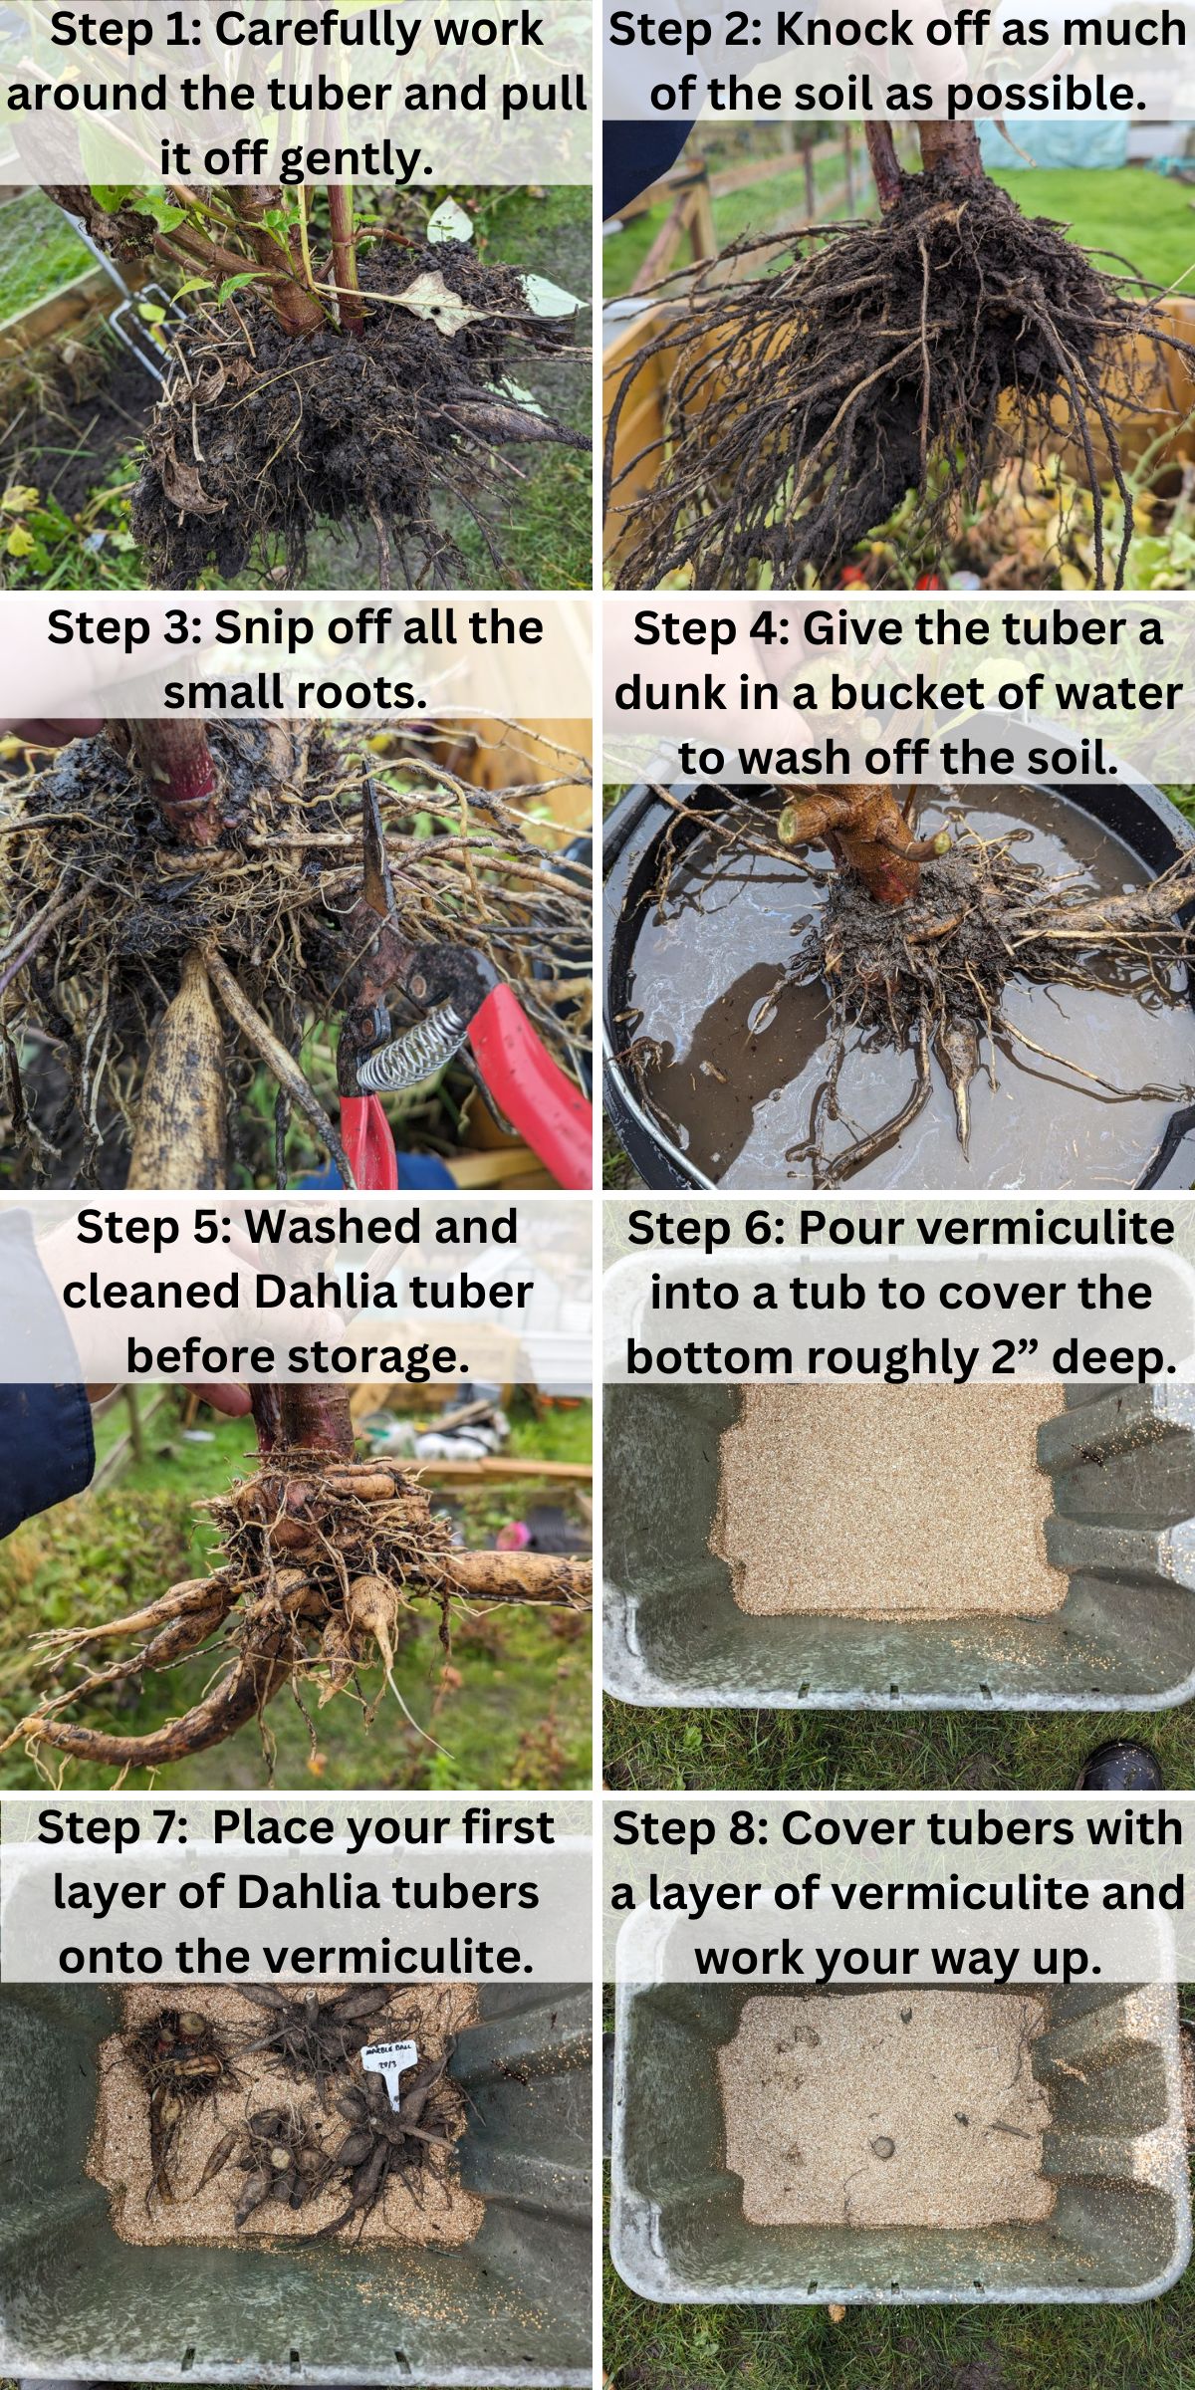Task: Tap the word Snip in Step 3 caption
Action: (261, 628)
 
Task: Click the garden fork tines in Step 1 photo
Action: (139, 329)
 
